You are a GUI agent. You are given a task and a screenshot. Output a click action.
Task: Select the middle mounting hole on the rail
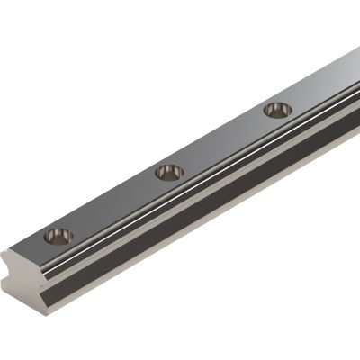[167, 171]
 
